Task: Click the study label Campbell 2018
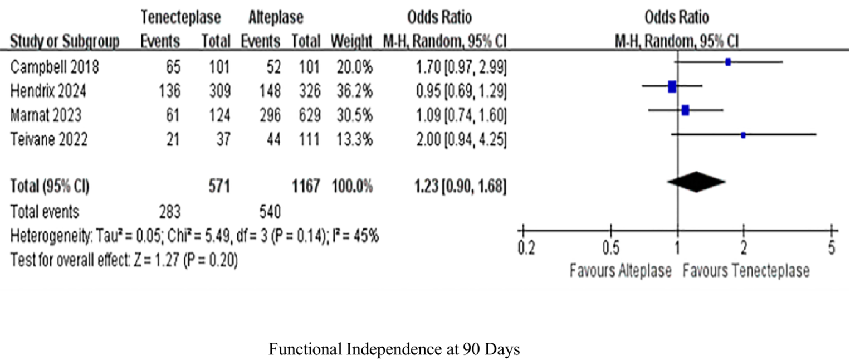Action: coord(55,68)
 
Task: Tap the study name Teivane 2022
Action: coord(48,140)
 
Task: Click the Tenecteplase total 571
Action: coord(218,188)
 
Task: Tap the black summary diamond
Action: coord(696,181)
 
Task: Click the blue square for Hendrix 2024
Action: coord(672,86)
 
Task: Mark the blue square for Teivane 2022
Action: coord(744,135)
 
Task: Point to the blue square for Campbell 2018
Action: coord(728,62)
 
